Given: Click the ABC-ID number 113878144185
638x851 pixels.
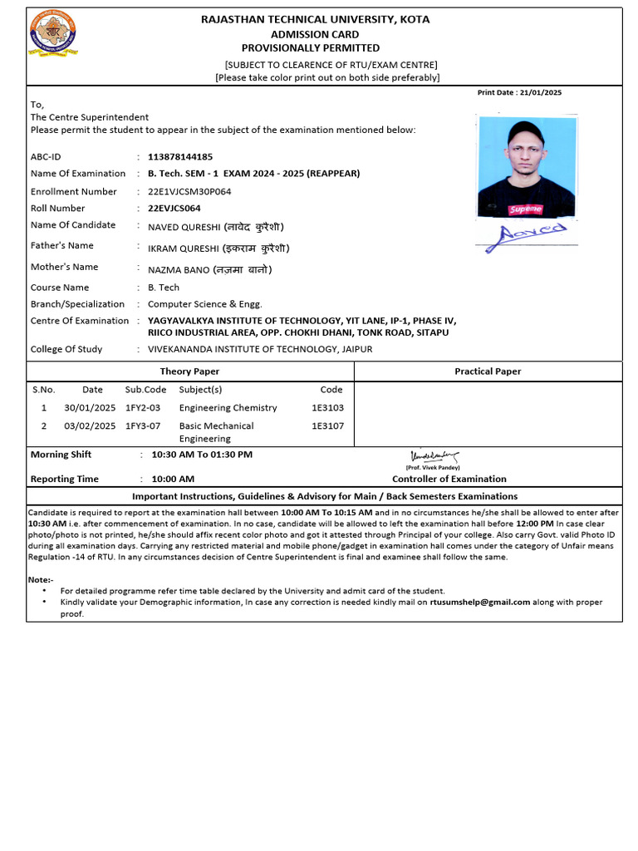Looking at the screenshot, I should pyautogui.click(x=179, y=156).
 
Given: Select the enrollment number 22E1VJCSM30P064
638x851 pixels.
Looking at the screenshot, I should pyautogui.click(x=189, y=191).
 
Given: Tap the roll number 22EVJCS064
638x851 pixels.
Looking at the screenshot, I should pyautogui.click(x=174, y=209).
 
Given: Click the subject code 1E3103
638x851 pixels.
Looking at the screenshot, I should pyautogui.click(x=327, y=408).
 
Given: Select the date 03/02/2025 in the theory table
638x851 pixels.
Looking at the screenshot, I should pyautogui.click(x=90, y=426).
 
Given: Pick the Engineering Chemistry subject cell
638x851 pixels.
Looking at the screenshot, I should pyautogui.click(x=228, y=408).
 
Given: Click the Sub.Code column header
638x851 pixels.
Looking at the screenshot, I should pyautogui.click(x=145, y=389).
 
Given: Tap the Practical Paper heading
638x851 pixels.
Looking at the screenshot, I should pyautogui.click(x=488, y=371).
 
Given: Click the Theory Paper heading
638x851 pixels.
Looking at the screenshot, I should pyautogui.click(x=189, y=371).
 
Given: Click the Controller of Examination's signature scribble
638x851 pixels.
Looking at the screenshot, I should pyautogui.click(x=434, y=456).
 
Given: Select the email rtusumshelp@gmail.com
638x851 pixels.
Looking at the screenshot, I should pyautogui.click(x=479, y=602).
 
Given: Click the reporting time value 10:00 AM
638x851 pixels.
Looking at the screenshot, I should pyautogui.click(x=172, y=479).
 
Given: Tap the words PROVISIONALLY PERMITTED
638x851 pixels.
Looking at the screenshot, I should pyautogui.click(x=310, y=48).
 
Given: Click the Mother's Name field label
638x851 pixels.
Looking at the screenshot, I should pyautogui.click(x=64, y=267).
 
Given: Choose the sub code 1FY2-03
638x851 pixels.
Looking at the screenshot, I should pyautogui.click(x=143, y=408).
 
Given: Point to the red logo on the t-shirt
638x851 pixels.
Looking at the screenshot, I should pyautogui.click(x=525, y=209).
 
